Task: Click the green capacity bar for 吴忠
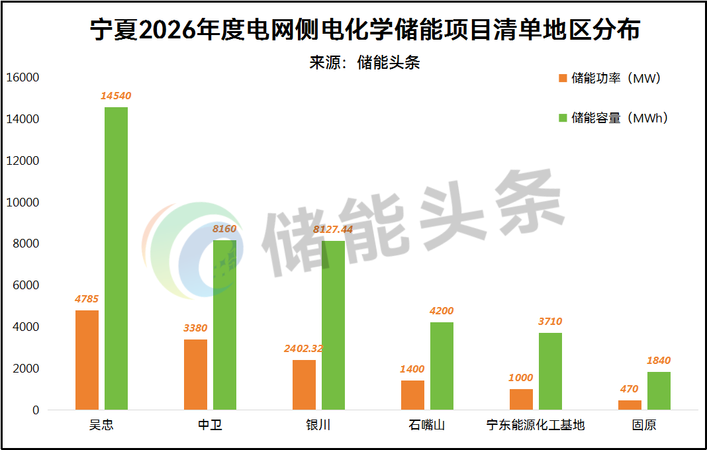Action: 116,258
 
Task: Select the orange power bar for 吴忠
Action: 87,360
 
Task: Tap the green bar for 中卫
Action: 224,325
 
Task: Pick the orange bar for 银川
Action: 304,384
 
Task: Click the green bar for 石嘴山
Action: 442,366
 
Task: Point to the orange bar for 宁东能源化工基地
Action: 521,399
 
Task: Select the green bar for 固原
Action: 659,390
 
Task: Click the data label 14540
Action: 116,96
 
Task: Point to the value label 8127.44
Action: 333,229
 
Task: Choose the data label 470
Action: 630,389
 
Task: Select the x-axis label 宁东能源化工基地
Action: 536,425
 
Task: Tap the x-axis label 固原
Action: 644,425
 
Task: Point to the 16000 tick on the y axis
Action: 23,77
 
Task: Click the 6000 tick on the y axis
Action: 25,285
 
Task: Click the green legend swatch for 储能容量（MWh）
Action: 563,118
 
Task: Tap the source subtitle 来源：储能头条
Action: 365,62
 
